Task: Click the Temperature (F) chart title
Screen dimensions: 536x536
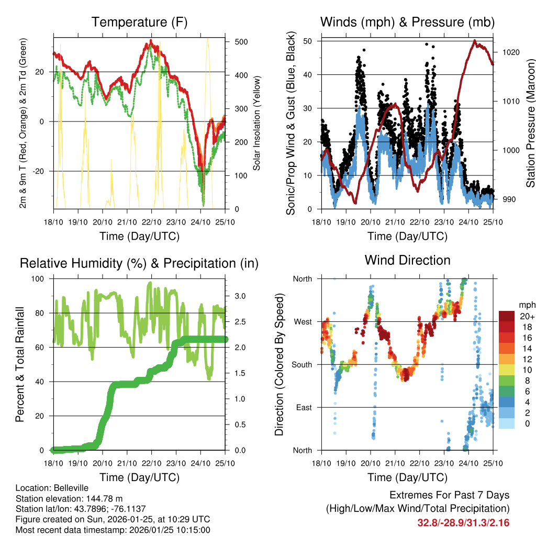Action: pos(139,22)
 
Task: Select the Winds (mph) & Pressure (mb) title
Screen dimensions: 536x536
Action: pos(407,22)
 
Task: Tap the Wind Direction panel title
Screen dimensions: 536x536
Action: pos(407,260)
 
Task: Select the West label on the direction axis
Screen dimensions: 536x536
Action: pos(302,321)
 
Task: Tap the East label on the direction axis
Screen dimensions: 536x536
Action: pos(303,407)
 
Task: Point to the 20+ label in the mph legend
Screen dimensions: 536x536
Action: pos(527,316)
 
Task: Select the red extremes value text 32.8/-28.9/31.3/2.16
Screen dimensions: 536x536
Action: pos(463,522)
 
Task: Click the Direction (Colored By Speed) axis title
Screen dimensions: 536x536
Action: pos(279,364)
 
